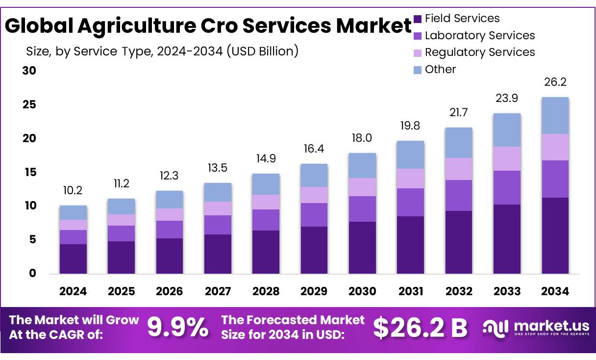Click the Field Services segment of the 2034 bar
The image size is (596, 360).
tap(555, 235)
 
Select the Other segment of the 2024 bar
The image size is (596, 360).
tap(73, 212)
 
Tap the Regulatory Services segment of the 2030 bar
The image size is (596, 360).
tap(362, 187)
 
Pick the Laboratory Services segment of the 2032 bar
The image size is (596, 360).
tap(459, 195)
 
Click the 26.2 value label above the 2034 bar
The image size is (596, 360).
tap(555, 82)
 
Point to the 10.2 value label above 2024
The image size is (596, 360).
tap(73, 190)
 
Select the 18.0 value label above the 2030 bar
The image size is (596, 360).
tap(362, 137)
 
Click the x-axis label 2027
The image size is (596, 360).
tap(218, 291)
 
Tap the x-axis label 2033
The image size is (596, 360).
tap(507, 291)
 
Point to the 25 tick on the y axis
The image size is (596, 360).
tap(29, 104)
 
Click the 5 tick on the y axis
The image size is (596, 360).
tap(32, 240)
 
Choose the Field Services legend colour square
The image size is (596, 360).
tap(418, 19)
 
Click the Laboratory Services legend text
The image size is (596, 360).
tap(480, 35)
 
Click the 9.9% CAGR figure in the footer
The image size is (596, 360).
tap(177, 327)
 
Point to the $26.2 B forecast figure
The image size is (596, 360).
tap(420, 328)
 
